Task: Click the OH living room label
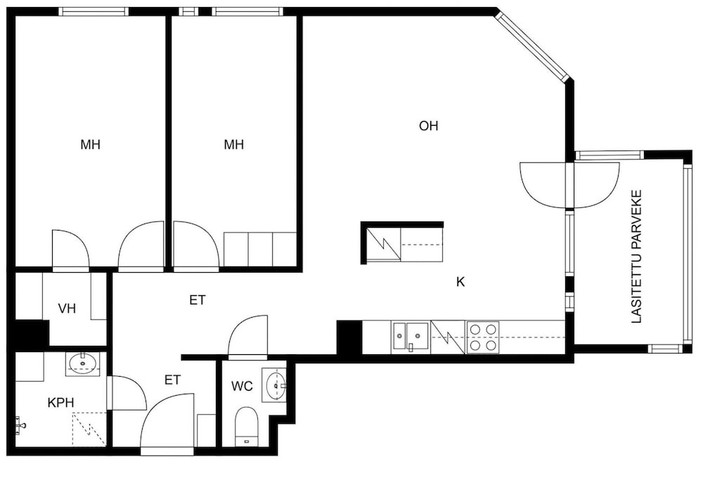tap(428, 126)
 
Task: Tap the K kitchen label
tap(460, 282)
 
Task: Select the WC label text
tap(242, 386)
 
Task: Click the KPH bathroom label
tap(60, 403)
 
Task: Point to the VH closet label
tap(67, 309)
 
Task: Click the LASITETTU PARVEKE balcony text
tap(637, 257)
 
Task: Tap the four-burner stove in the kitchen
tap(483, 337)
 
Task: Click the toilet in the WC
tap(246, 426)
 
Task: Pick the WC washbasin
tap(275, 385)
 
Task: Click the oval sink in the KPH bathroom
tap(83, 363)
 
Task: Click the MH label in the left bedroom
tap(90, 144)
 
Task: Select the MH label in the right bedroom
tap(233, 144)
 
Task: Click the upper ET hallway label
tap(198, 300)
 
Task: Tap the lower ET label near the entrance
tap(172, 380)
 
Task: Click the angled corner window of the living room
tap(531, 46)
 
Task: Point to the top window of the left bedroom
tap(93, 12)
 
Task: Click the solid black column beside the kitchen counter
tap(349, 337)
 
